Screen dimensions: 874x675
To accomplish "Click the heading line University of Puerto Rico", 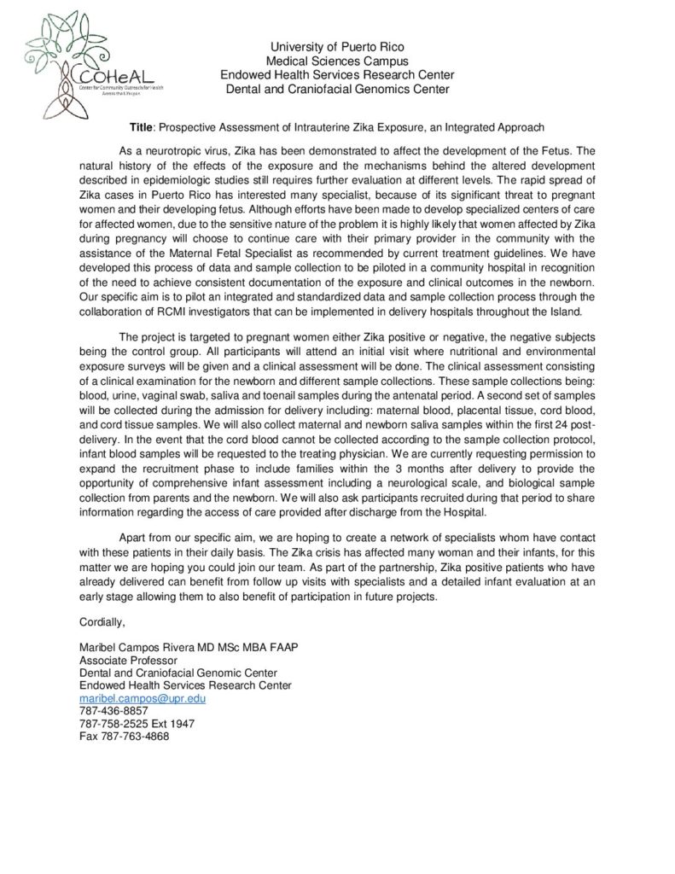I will [x=337, y=46].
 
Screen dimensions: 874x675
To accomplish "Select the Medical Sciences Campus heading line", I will [x=337, y=61].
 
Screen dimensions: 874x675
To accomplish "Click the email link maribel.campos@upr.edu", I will [x=143, y=698].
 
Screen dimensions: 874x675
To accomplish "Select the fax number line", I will [x=124, y=737].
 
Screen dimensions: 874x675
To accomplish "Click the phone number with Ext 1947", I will [x=137, y=724].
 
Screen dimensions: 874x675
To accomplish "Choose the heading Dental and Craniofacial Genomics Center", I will [x=337, y=89].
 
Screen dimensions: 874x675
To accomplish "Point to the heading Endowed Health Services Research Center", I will [x=337, y=75].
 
